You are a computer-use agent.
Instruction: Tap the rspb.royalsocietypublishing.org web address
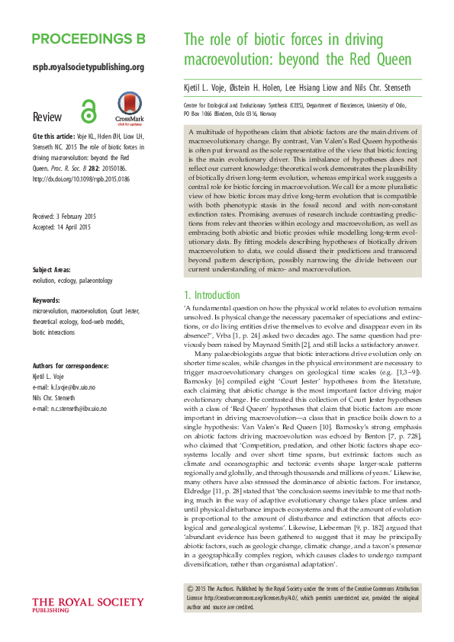coord(89,67)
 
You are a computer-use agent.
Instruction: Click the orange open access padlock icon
coord(90,109)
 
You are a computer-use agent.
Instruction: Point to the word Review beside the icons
coord(48,117)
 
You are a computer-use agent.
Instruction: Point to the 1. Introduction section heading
coord(214,295)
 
